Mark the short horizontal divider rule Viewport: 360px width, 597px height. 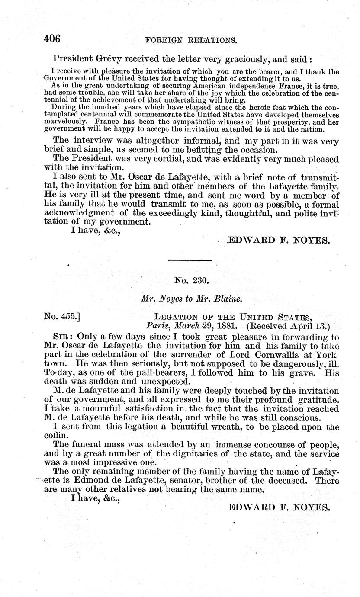pos(190,260)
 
